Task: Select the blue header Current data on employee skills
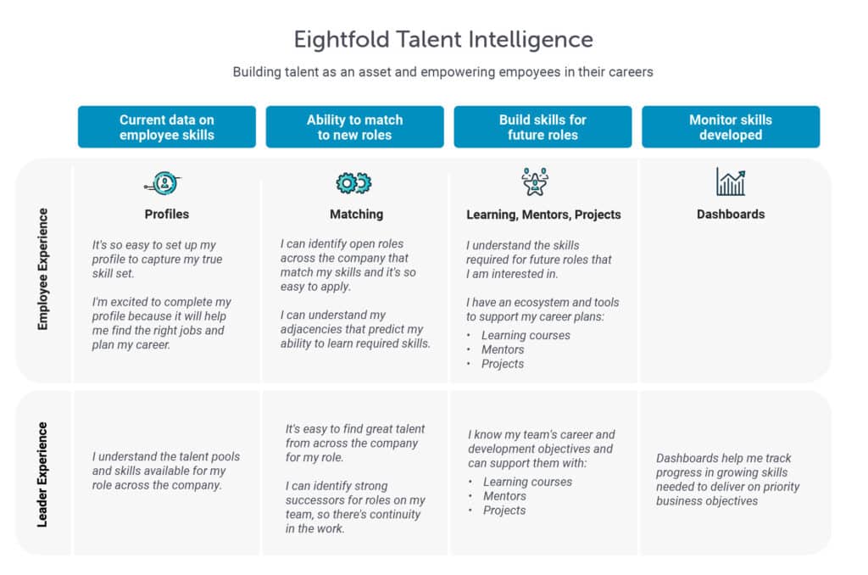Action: coord(167,127)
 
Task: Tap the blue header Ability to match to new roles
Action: coord(354,127)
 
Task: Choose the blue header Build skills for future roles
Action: coord(542,127)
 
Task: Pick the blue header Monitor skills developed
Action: coord(731,127)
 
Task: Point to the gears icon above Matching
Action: coord(354,182)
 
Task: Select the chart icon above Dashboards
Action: coord(730,181)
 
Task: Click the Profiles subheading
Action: coord(167,215)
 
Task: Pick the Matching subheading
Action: coord(356,215)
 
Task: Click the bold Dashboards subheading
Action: coord(731,215)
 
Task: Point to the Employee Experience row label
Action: coord(43,269)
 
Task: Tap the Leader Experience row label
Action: coord(43,473)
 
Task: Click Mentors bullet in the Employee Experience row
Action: coord(503,349)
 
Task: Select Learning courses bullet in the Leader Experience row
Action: coord(527,482)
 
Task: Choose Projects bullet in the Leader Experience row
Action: coord(504,511)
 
